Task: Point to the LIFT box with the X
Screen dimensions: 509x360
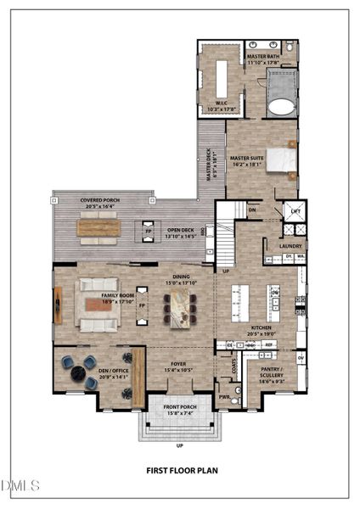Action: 295,212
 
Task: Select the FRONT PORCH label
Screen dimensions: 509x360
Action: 179,408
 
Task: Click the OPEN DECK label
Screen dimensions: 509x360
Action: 181,232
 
